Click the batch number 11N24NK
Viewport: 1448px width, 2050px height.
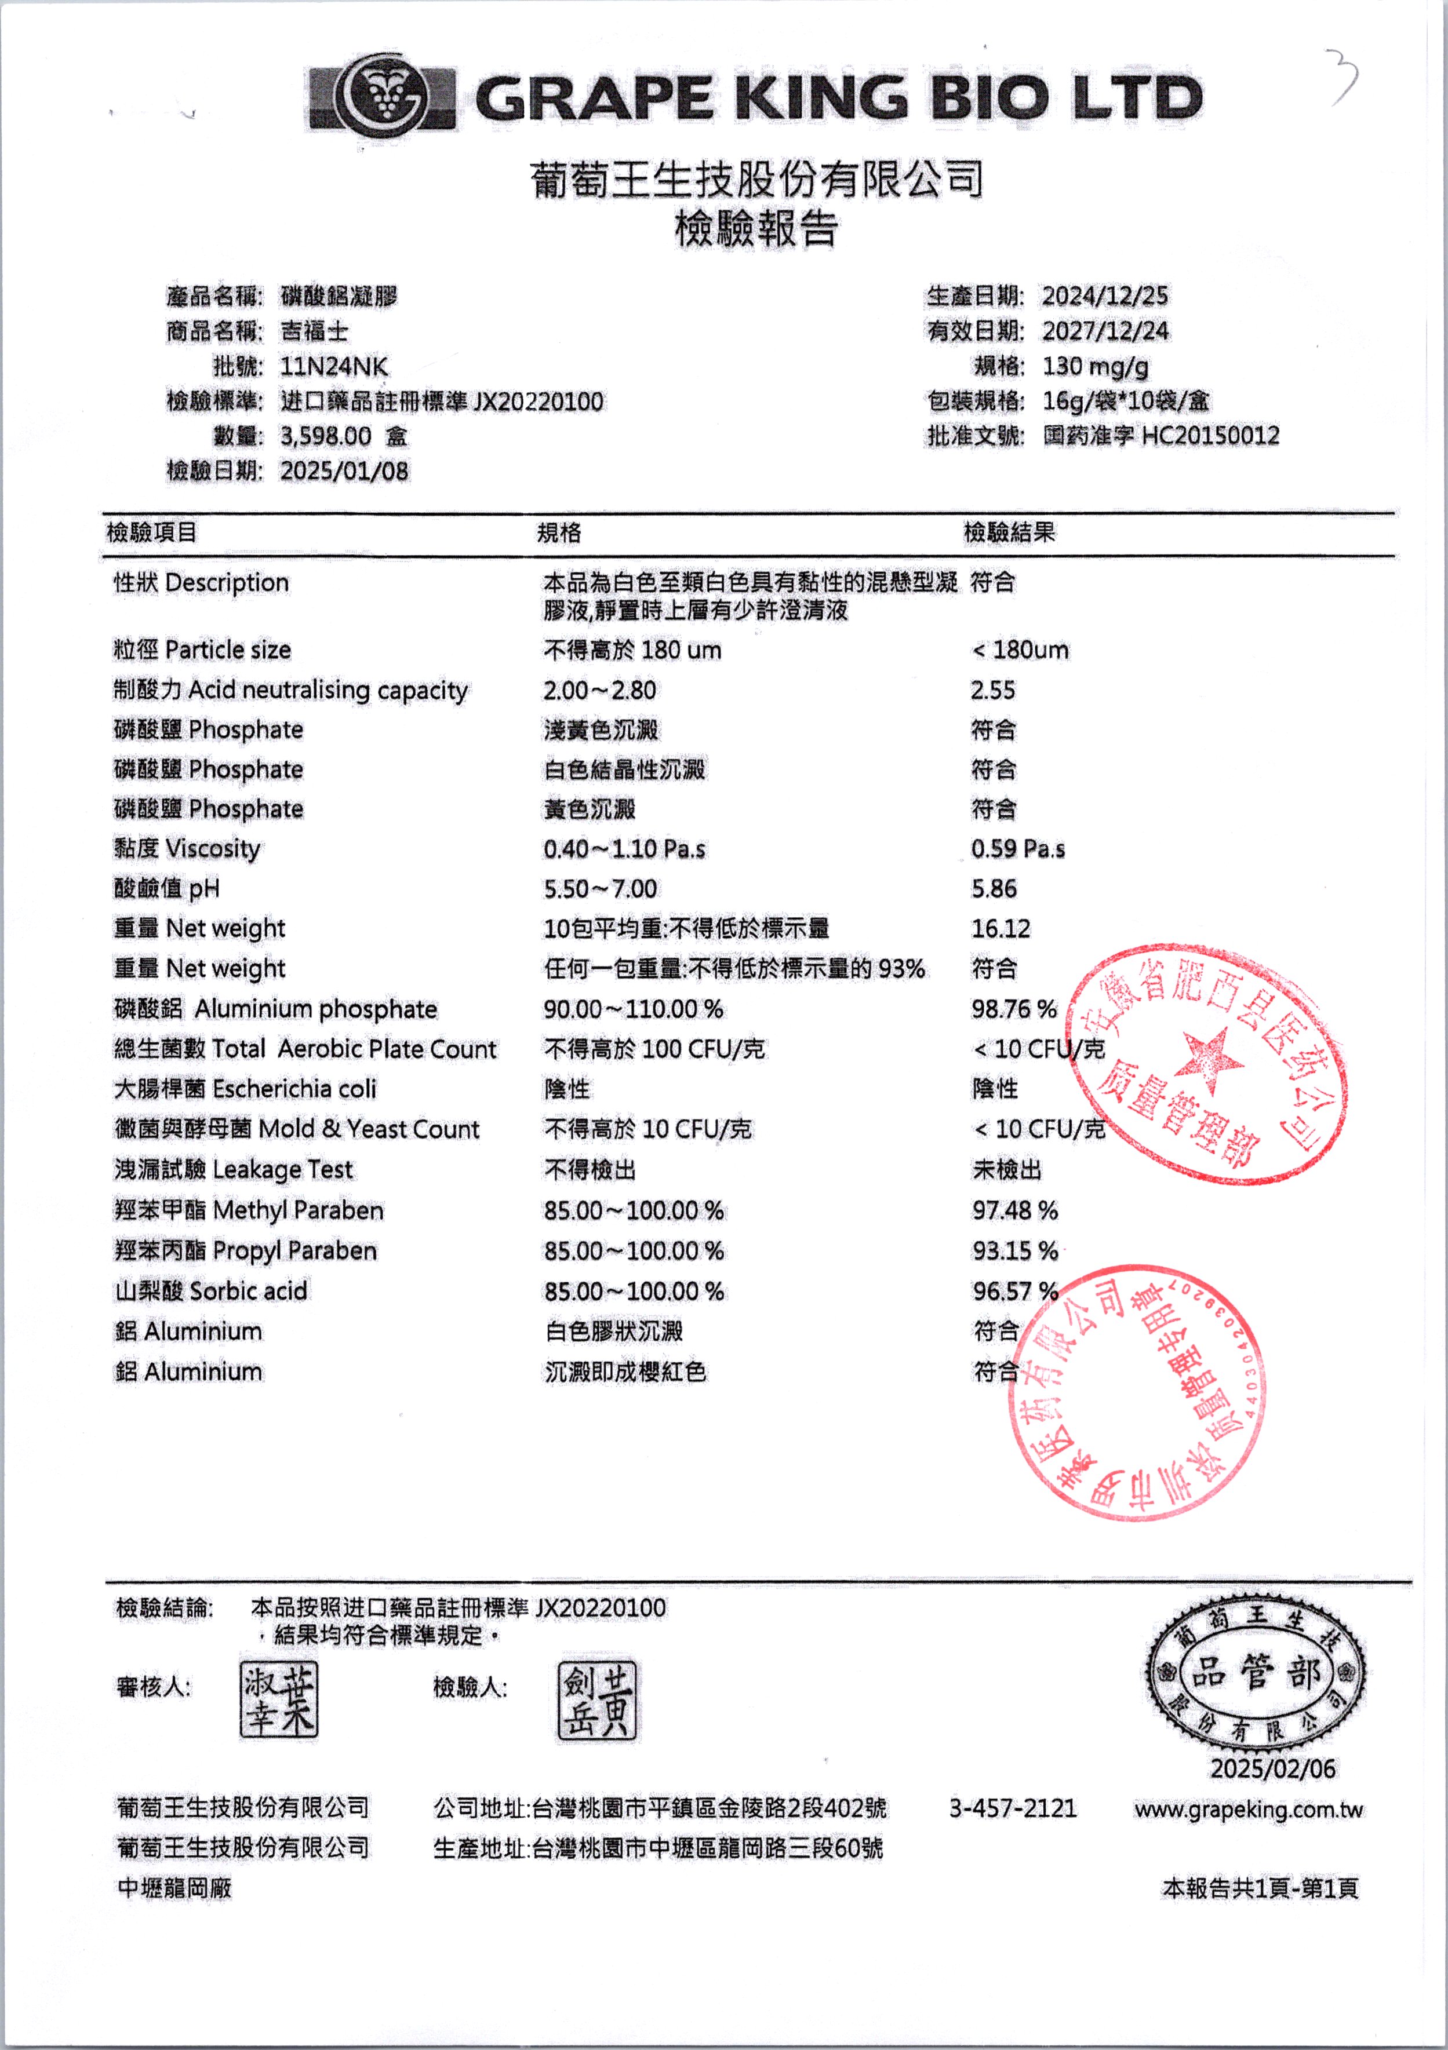(334, 366)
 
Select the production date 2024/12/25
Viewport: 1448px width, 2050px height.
(1104, 296)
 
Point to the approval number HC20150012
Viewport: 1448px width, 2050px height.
(1210, 436)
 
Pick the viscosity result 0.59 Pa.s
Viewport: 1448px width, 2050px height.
(1017, 848)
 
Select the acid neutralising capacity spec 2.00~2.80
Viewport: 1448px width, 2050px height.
(599, 690)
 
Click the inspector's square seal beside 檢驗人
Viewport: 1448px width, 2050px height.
(596, 1700)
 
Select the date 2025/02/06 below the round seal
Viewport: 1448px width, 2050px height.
(1272, 1769)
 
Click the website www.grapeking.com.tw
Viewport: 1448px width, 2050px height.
(1248, 1810)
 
